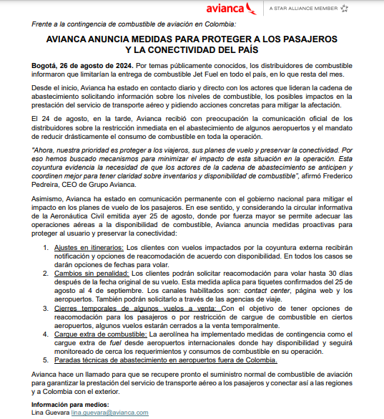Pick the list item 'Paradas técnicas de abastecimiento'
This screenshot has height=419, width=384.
click(x=147, y=380)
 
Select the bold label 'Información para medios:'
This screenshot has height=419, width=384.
click(x=66, y=405)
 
